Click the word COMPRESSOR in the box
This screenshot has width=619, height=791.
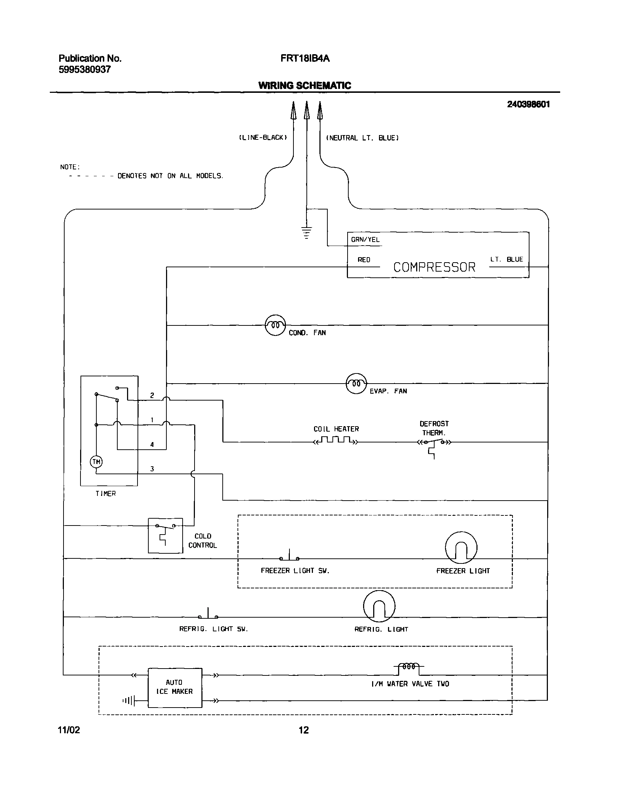pyautogui.click(x=434, y=267)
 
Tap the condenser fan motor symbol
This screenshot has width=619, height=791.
pyautogui.click(x=275, y=325)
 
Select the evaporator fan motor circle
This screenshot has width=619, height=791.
pyautogui.click(x=356, y=383)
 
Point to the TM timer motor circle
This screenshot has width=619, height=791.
pyautogui.click(x=96, y=462)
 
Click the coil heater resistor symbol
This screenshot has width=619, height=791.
pyautogui.click(x=336, y=441)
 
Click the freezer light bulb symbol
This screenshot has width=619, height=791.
pyautogui.click(x=461, y=548)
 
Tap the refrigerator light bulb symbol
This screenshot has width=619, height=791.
pyautogui.click(x=379, y=606)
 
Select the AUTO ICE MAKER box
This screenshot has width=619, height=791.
pyautogui.click(x=175, y=687)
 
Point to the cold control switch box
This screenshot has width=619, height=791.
pyautogui.click(x=165, y=536)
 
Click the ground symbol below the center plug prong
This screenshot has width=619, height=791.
pyautogui.click(x=306, y=232)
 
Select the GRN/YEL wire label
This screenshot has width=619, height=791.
pyautogui.click(x=365, y=239)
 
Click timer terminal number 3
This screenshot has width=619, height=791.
pyautogui.click(x=152, y=469)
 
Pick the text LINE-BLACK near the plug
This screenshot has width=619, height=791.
pyautogui.click(x=263, y=138)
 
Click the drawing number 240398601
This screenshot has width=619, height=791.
pyautogui.click(x=528, y=104)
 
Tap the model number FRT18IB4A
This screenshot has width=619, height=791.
pyautogui.click(x=305, y=59)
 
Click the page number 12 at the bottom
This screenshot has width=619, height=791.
pyautogui.click(x=304, y=730)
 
